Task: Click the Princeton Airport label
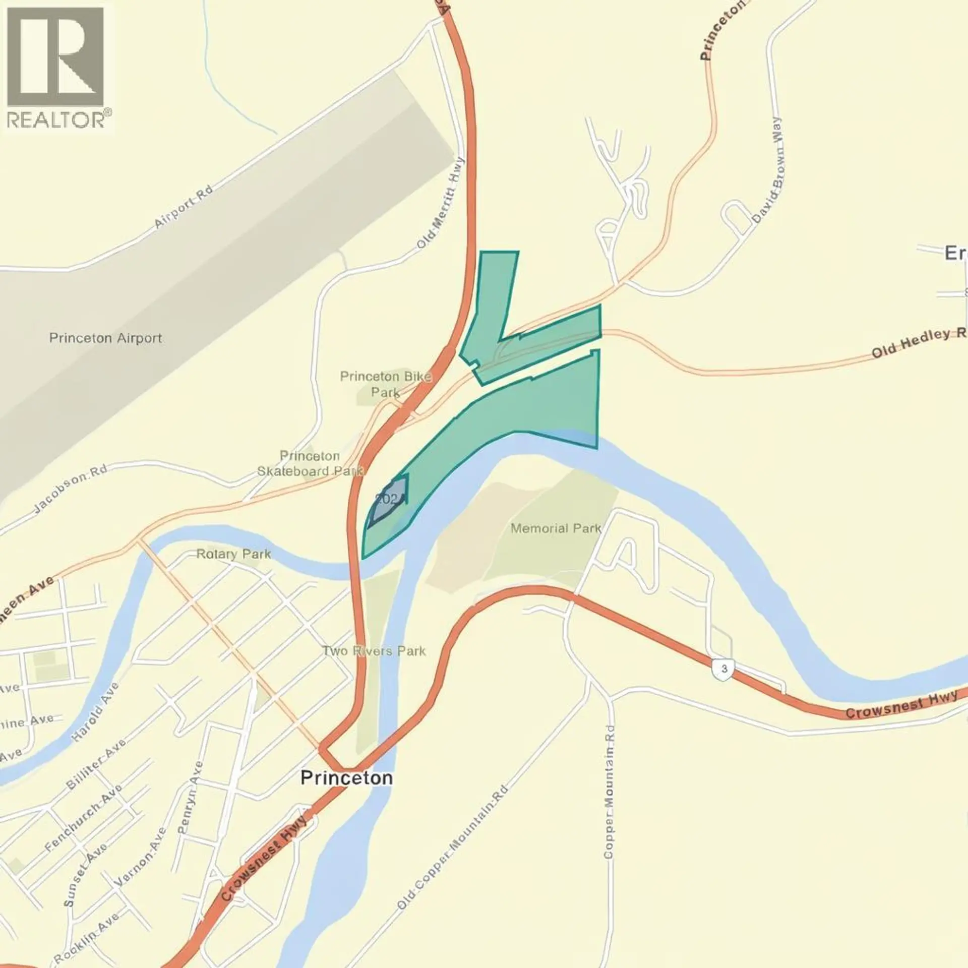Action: [x=105, y=338]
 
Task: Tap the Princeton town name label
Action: [x=346, y=777]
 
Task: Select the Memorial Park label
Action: [x=556, y=528]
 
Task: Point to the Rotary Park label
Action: [x=233, y=554]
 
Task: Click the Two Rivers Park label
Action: [x=375, y=651]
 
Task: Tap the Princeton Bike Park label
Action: [x=386, y=384]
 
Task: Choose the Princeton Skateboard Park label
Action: [x=310, y=463]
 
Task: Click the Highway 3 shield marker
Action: [x=724, y=669]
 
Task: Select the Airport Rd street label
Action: [x=183, y=207]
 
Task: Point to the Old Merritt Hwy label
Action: [x=440, y=203]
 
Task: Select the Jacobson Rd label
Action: [x=71, y=489]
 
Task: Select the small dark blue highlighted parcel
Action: [x=390, y=501]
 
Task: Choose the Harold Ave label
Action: [x=95, y=711]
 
